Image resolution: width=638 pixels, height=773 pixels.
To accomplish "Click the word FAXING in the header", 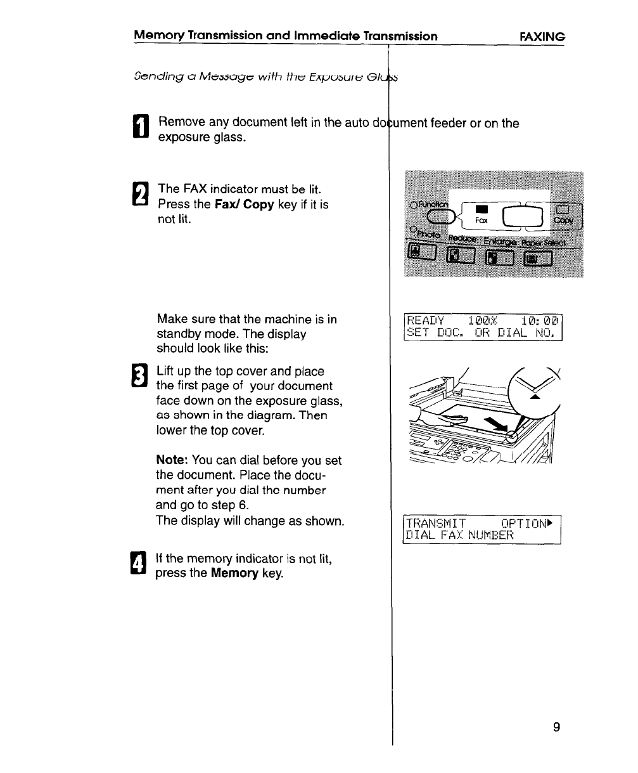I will click(542, 37).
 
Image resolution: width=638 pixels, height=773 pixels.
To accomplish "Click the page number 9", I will click(556, 727).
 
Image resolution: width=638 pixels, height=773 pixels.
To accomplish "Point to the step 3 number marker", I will click(142, 378).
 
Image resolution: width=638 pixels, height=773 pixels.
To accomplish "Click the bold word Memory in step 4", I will click(233, 573).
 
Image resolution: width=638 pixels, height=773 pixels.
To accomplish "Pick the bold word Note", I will click(171, 460).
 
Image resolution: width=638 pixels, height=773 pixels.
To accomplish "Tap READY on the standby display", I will click(426, 320).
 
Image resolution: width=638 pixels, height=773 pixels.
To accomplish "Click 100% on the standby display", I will click(483, 320).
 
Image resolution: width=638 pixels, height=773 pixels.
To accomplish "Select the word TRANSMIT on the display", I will click(436, 523).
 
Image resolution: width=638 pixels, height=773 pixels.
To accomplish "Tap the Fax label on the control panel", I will click(482, 221).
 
